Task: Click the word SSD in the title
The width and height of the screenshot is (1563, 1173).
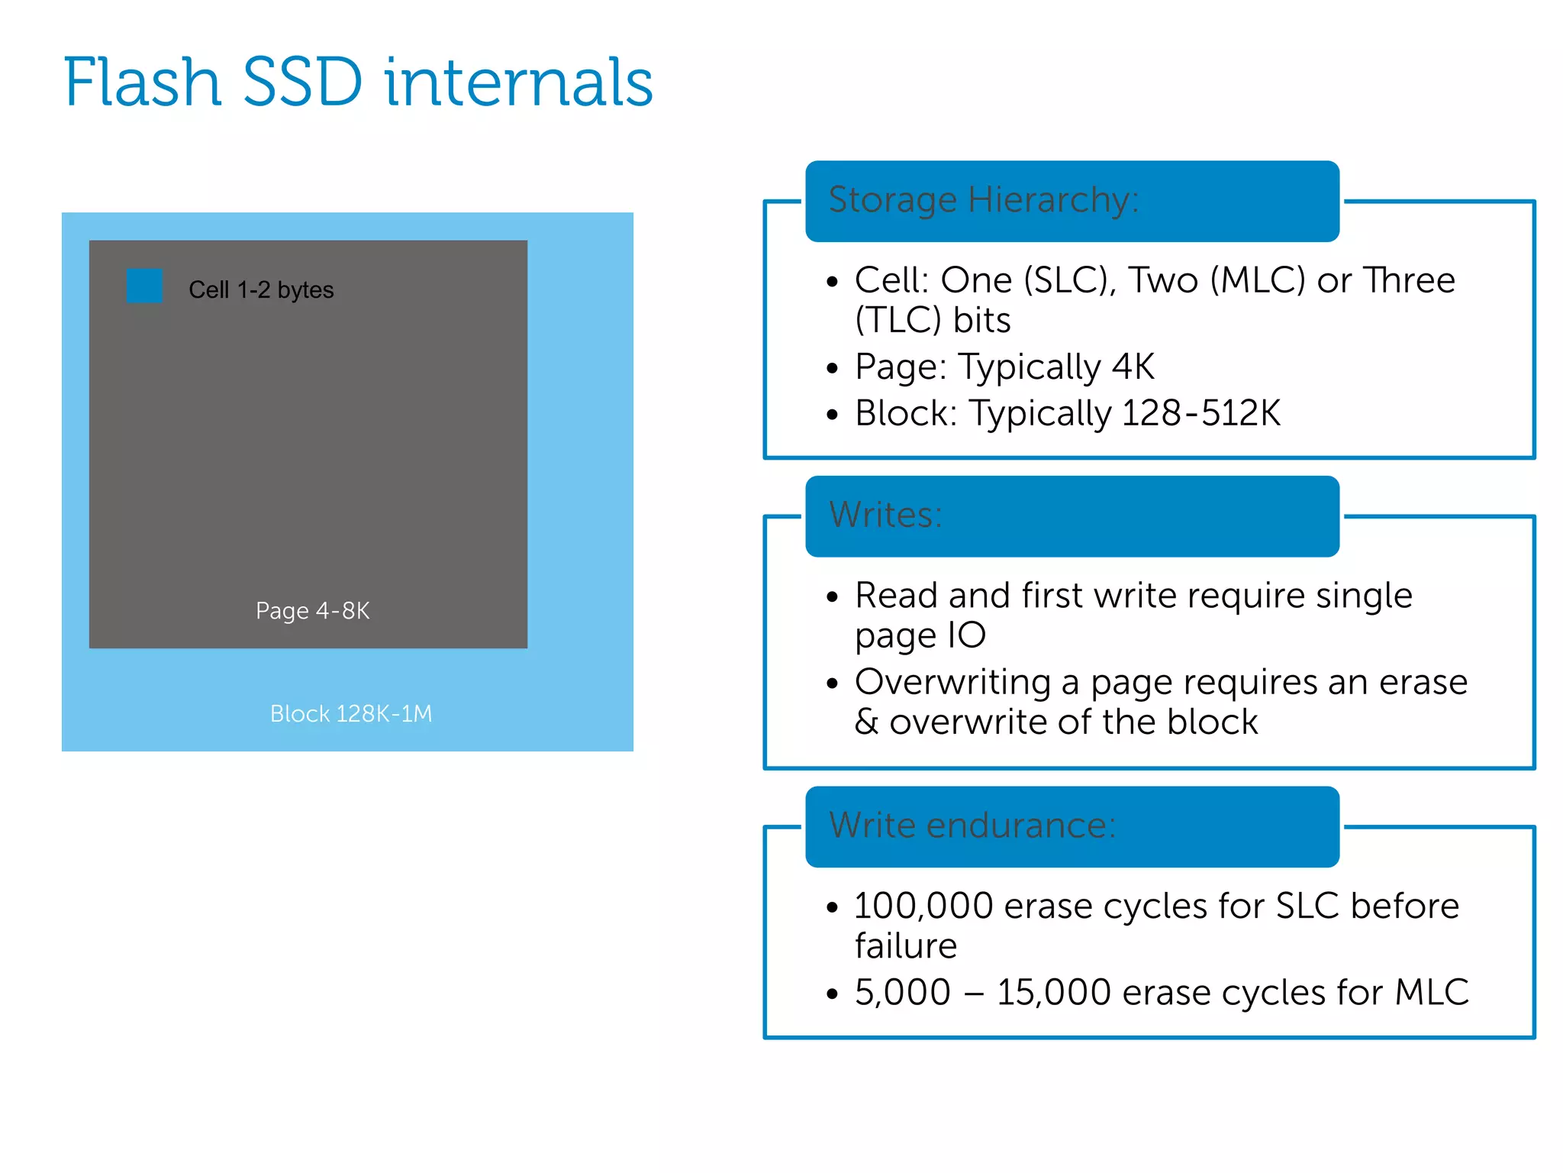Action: (x=302, y=82)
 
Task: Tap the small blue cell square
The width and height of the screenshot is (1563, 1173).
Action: (x=144, y=286)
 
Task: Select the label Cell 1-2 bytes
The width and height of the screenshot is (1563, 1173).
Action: (x=261, y=290)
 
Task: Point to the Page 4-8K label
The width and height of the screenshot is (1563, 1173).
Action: (x=312, y=611)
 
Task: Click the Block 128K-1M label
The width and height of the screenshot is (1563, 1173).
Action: (x=351, y=713)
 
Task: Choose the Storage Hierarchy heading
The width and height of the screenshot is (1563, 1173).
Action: (x=983, y=201)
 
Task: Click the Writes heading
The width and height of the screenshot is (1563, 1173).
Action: (x=885, y=515)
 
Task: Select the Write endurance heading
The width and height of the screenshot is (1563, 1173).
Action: (x=972, y=826)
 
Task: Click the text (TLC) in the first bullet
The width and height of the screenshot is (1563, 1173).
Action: (x=898, y=320)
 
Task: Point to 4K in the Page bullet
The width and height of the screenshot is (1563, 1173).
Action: (x=1133, y=367)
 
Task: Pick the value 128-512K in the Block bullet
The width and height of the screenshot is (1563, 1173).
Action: (x=1201, y=413)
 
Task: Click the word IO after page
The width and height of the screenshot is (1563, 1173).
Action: (x=966, y=635)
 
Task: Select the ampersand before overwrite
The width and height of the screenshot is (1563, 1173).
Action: (x=866, y=722)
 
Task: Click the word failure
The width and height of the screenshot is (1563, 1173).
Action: (x=905, y=946)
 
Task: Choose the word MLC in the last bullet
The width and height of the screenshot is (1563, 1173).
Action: (x=1432, y=993)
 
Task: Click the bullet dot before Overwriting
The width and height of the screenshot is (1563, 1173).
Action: (x=832, y=683)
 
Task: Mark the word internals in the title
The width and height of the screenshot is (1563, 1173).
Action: (x=518, y=82)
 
